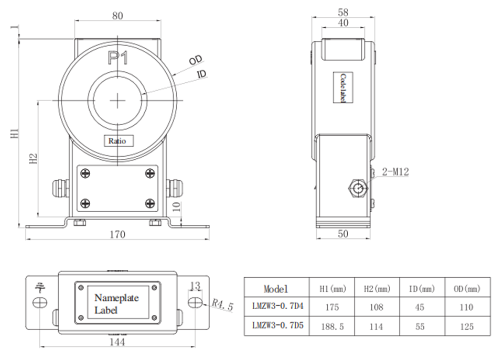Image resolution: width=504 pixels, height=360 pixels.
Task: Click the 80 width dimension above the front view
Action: pyautogui.click(x=117, y=16)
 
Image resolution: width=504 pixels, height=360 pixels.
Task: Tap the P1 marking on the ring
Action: pyautogui.click(x=117, y=58)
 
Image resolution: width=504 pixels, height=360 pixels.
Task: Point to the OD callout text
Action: pyautogui.click(x=196, y=60)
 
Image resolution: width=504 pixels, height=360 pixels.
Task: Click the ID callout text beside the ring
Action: pyautogui.click(x=201, y=75)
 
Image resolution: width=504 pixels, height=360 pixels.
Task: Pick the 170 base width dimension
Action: pyautogui.click(x=118, y=234)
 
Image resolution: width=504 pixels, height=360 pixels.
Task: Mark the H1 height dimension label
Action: pyautogui.click(x=16, y=133)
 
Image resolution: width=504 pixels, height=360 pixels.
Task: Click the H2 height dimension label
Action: pyautogui.click(x=33, y=159)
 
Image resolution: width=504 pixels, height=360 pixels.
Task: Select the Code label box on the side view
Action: pyautogui.click(x=342, y=88)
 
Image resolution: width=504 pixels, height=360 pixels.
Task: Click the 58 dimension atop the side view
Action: pyautogui.click(x=343, y=12)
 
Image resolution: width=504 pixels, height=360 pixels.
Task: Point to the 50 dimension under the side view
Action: pyautogui.click(x=343, y=234)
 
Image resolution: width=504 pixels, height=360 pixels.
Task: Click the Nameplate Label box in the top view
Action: pyautogui.click(x=116, y=304)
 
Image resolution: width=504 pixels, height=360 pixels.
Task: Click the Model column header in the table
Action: pyautogui.click(x=276, y=288)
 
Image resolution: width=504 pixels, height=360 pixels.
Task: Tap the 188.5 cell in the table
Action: pyautogui.click(x=333, y=326)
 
